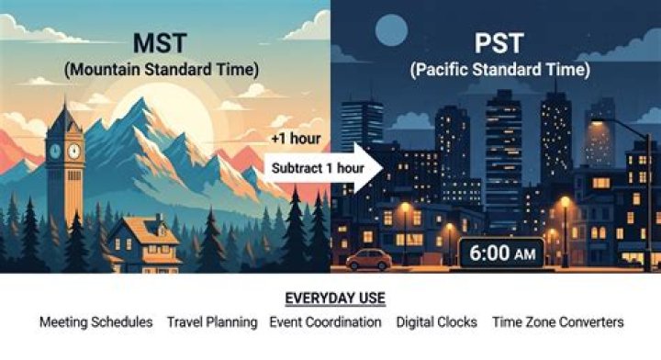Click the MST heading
160,42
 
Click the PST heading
499,42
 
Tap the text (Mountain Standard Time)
162,70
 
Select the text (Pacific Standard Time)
500,70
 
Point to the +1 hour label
296,139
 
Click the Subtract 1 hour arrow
323,168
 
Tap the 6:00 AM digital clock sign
501,253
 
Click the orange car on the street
369,259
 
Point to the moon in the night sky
391,30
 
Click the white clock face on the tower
73,151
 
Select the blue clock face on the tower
55,151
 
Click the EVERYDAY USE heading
335,298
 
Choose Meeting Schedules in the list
96,322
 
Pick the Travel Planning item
212,322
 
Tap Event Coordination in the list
325,322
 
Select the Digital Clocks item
437,322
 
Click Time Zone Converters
558,322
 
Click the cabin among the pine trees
145,244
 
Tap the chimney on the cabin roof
160,220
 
